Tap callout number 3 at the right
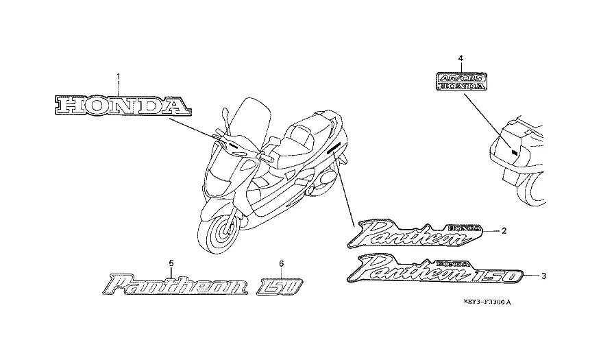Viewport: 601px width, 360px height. (543, 276)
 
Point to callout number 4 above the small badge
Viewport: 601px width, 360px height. (461, 58)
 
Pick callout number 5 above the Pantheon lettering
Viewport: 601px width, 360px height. (171, 263)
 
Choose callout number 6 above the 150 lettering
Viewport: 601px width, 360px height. (280, 263)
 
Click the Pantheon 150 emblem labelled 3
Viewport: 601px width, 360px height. (434, 270)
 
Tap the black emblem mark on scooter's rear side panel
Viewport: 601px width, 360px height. (334, 148)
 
